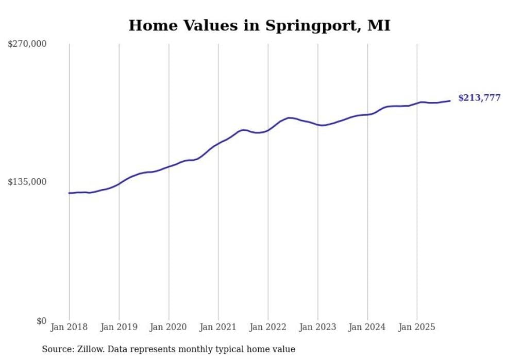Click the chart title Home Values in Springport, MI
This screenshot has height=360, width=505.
coord(259,25)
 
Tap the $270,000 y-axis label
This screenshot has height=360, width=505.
coord(27,44)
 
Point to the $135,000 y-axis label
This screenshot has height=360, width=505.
coord(27,182)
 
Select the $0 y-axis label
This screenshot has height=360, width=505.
coord(41,321)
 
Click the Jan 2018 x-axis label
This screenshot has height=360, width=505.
coord(69,327)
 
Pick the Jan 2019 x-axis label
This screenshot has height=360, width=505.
coord(119,327)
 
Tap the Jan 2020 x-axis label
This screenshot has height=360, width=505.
coord(169,327)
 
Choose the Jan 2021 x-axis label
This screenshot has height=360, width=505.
coord(218,327)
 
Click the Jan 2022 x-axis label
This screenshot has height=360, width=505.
coord(268,327)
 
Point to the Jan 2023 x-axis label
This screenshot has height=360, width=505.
coord(317,327)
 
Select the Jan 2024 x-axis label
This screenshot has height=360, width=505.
coord(367,327)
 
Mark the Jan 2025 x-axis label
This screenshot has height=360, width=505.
coord(417,327)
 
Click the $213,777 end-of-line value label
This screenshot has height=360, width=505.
coord(479,98)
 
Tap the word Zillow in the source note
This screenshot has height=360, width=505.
coord(89,349)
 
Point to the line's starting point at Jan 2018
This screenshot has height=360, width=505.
coord(69,193)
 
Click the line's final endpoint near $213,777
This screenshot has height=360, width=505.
coord(450,101)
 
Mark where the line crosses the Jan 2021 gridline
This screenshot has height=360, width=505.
coord(218,143)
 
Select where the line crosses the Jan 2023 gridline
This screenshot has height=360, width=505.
coord(318,125)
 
